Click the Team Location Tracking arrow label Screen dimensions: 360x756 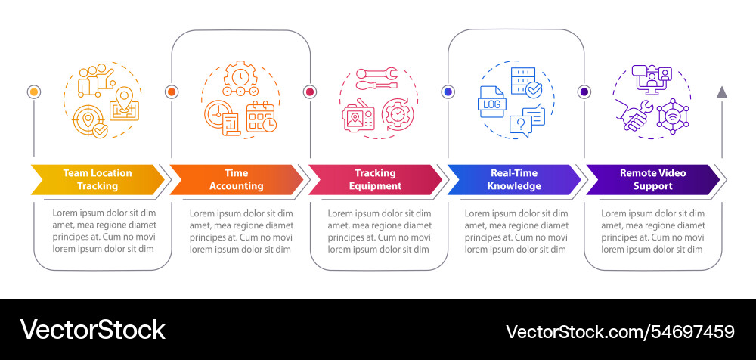(x=97, y=179)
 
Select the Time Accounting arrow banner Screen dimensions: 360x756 (x=236, y=179)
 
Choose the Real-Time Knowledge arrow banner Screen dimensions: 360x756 (x=514, y=179)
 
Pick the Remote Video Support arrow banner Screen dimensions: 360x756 (x=652, y=179)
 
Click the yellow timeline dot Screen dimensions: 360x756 (x=33, y=92)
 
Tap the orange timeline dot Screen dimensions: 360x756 (x=172, y=92)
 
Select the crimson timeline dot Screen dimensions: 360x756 (x=309, y=92)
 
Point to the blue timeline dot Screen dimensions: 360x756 (x=448, y=92)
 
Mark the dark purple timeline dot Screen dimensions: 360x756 (x=584, y=92)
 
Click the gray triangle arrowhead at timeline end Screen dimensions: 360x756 (x=722, y=92)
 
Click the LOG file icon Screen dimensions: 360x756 (x=492, y=104)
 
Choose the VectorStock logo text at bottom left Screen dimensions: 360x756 (x=93, y=330)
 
